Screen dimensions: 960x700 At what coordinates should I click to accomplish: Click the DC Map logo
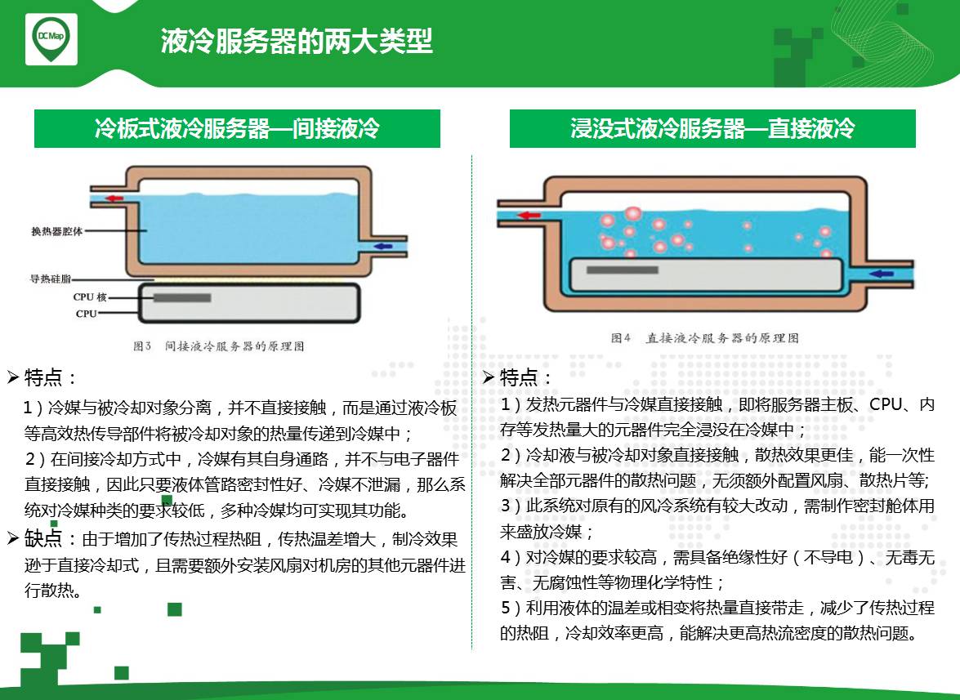point(51,38)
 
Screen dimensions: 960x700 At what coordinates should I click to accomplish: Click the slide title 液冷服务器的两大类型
point(297,41)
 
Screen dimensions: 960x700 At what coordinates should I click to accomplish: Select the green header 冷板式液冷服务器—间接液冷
point(237,128)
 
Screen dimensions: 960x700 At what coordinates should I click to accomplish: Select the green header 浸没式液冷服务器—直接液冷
point(712,128)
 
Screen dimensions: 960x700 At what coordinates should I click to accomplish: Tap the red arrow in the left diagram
point(114,198)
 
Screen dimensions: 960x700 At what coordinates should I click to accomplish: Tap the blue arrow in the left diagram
point(383,247)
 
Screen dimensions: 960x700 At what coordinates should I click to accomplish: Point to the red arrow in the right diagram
point(529,216)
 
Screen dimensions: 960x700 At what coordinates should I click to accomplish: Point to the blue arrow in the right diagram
point(882,274)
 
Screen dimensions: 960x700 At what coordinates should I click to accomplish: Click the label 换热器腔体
point(57,231)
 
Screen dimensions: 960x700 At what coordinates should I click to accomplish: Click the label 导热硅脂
point(50,279)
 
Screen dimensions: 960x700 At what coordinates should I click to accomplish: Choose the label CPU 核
point(90,297)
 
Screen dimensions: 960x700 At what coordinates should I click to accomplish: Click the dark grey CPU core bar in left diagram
point(182,298)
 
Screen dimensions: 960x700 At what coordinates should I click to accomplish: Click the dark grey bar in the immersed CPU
point(622,270)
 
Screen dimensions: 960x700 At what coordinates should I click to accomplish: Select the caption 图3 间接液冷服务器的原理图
point(219,346)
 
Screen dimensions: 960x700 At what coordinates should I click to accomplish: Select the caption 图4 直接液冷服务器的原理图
point(705,338)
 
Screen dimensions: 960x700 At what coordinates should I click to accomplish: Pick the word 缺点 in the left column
point(43,538)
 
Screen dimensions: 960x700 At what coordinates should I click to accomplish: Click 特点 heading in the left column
point(43,377)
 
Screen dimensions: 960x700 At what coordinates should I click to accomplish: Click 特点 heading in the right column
point(519,377)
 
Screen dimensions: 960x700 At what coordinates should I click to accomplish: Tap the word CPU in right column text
point(886,404)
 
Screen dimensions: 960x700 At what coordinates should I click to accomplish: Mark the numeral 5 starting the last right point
point(506,608)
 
